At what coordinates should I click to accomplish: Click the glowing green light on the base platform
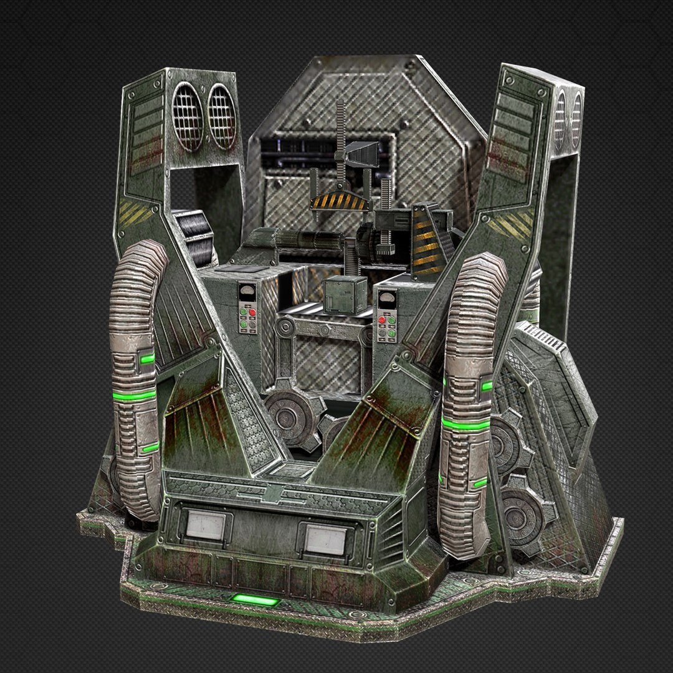click(254, 601)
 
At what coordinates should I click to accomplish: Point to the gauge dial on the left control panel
click(248, 293)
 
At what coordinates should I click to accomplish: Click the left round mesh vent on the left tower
click(188, 117)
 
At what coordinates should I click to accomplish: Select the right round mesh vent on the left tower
click(222, 117)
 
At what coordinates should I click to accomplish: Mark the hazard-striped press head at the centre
click(338, 201)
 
